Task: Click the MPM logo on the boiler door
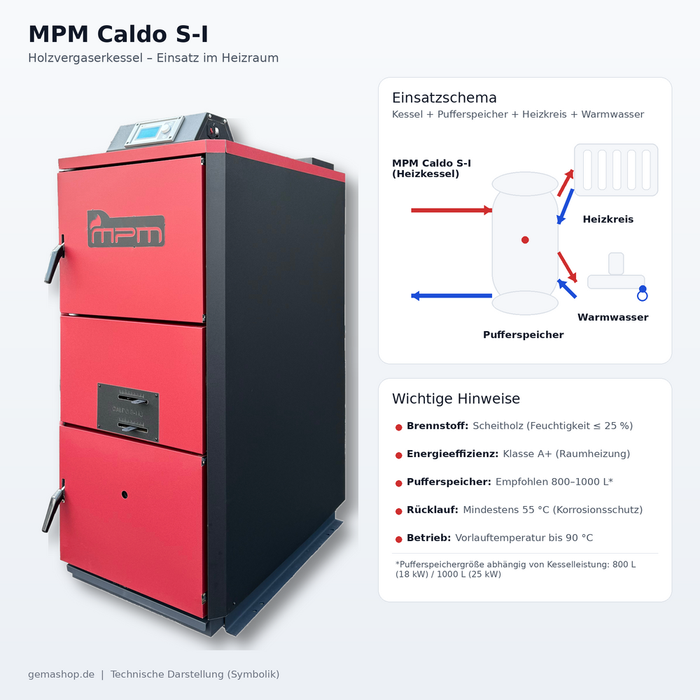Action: tap(126, 228)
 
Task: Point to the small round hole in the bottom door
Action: tap(125, 494)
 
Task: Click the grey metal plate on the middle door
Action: tap(127, 413)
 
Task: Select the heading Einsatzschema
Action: tap(444, 97)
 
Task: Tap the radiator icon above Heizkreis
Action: tap(616, 169)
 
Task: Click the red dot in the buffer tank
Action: tap(525, 239)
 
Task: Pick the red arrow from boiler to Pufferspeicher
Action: tap(451, 210)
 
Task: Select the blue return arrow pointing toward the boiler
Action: tap(451, 296)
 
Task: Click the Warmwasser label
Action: tap(612, 317)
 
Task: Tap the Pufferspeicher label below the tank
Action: tap(523, 335)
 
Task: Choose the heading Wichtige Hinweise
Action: tap(456, 399)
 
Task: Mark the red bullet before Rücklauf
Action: tap(398, 510)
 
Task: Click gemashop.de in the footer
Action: tap(61, 674)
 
